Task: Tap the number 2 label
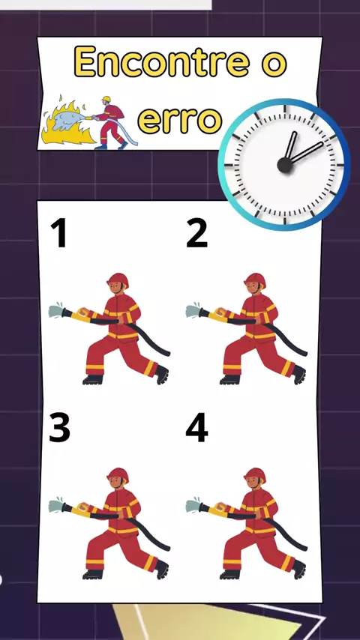[197, 233]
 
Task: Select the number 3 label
[60, 427]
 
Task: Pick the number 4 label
[197, 428]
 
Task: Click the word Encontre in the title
[162, 61]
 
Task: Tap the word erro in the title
[180, 120]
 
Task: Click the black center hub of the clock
[285, 165]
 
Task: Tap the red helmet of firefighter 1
[118, 280]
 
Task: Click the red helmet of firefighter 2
[255, 280]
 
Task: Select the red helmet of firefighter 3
[118, 474]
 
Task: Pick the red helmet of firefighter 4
[255, 474]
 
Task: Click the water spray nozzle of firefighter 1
[56, 311]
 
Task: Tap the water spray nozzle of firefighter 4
[193, 506]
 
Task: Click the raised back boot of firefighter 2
[299, 374]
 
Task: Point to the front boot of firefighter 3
[93, 575]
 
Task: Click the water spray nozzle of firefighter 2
[193, 311]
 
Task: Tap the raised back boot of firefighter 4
[299, 569]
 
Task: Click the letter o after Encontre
[274, 65]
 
